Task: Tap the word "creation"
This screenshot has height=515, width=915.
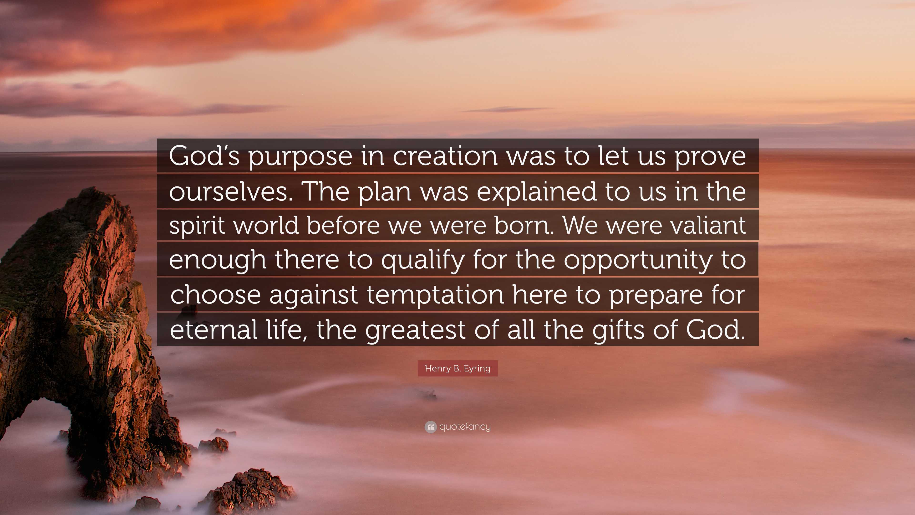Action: pos(445,156)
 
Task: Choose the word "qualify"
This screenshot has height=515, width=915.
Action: pos(423,260)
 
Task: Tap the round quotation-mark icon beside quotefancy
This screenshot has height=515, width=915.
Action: pos(431,427)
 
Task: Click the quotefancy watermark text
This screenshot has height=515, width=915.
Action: pos(465,427)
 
